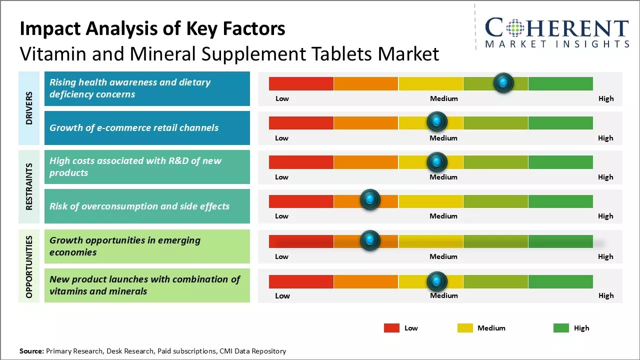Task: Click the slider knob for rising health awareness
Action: coord(503,82)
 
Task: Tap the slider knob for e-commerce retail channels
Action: coord(437,121)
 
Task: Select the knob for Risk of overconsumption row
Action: coord(370,200)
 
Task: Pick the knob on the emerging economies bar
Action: coord(370,240)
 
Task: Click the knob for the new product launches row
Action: coord(437,281)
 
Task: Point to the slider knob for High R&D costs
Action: coord(437,161)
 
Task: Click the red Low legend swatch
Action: coord(391,328)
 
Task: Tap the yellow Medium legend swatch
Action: coord(465,328)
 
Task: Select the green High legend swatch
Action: coord(561,328)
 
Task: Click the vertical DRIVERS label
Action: coord(29,108)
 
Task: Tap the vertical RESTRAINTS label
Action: coord(29,186)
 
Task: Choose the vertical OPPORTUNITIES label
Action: coord(29,266)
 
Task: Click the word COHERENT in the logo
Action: coord(556,28)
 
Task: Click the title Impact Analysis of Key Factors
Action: coord(152,29)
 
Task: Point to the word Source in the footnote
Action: coord(31,351)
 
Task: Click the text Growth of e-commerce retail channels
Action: coord(134,127)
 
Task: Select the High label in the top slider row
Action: coord(606,98)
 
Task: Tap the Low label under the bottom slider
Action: coord(282,295)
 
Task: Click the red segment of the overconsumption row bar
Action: coord(301,201)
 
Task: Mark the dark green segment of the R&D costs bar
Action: coord(560,162)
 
